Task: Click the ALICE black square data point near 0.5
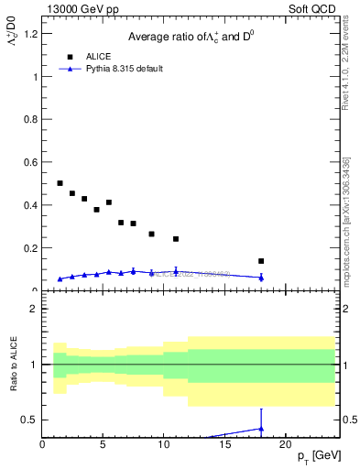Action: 60,183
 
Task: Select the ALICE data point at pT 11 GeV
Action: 176,239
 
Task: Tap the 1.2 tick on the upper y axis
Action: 32,34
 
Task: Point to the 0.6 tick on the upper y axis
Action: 32,162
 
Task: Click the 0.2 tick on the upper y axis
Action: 32,248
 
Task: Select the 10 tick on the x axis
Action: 164,444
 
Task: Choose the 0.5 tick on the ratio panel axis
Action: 32,420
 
